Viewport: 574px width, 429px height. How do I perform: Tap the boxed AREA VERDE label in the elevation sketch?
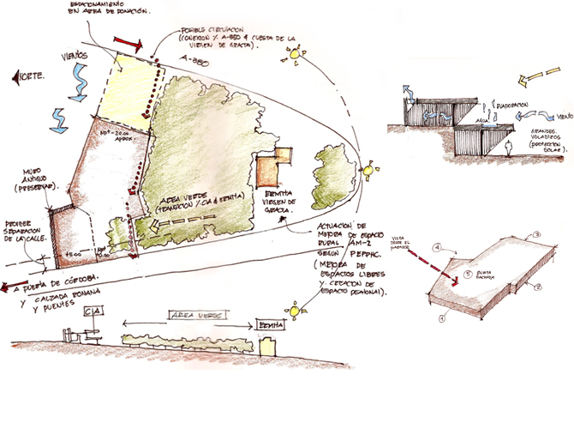point(189,314)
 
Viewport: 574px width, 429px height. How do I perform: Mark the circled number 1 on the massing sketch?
point(442,317)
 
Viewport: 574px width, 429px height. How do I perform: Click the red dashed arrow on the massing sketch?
point(433,263)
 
